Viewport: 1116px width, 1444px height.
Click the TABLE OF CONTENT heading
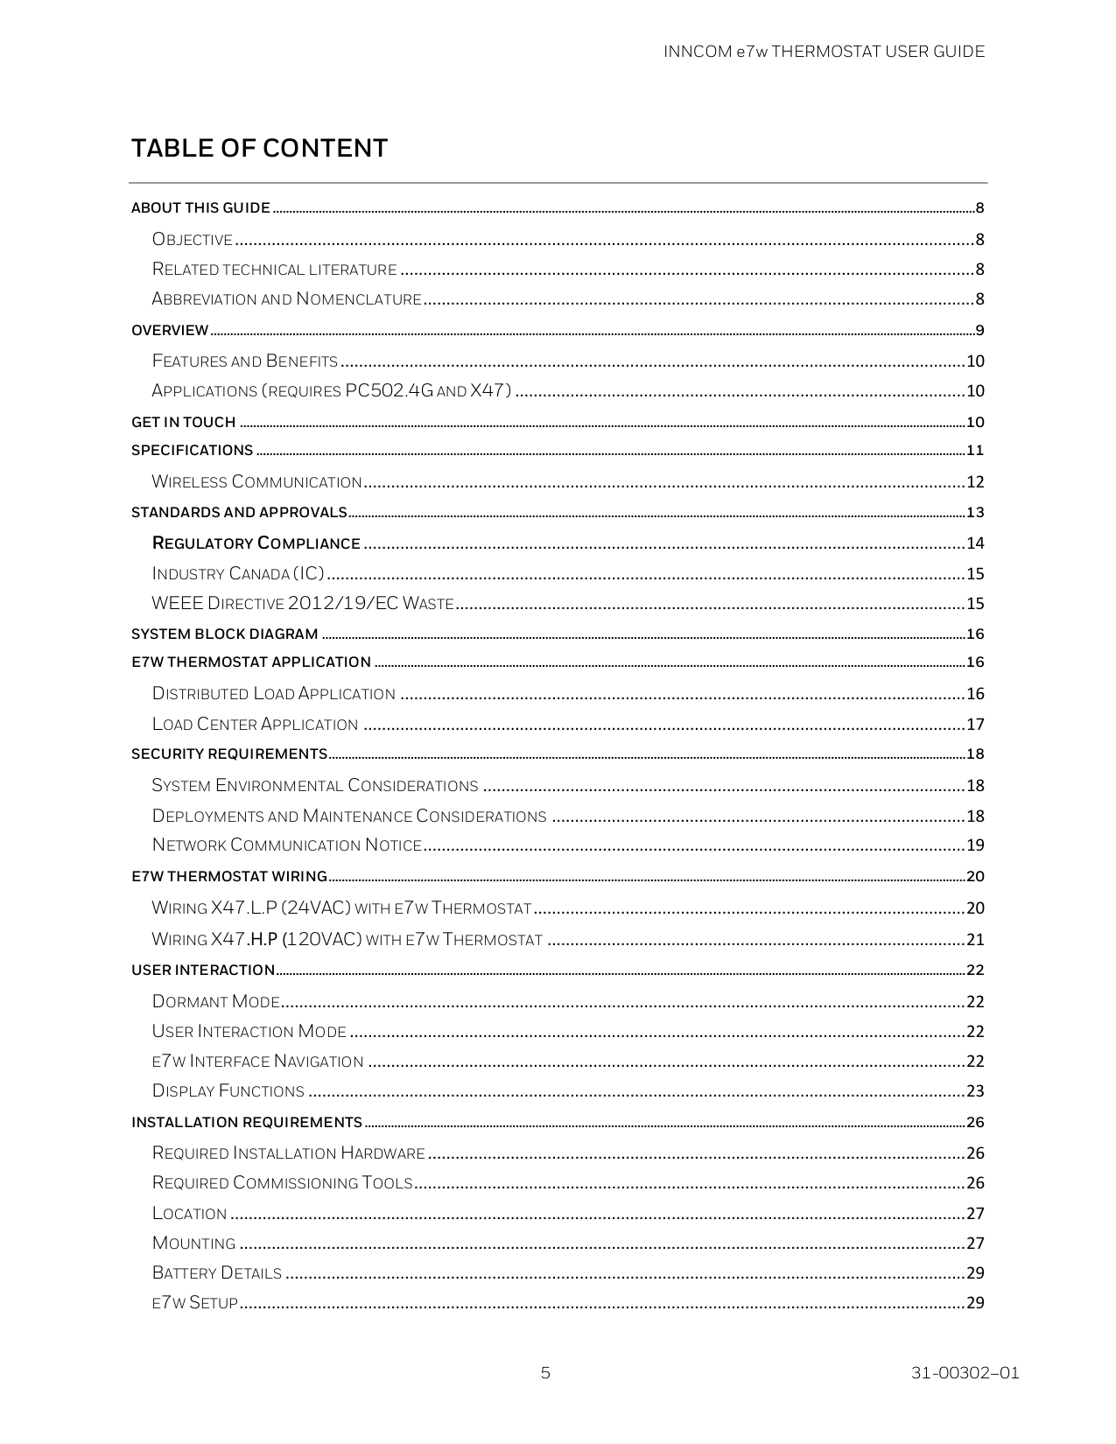coord(259,148)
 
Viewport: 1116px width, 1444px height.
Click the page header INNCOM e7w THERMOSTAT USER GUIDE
coord(824,52)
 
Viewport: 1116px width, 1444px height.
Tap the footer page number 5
coord(545,1372)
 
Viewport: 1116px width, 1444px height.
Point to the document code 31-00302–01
coord(965,1372)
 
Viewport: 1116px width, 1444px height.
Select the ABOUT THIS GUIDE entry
coord(200,207)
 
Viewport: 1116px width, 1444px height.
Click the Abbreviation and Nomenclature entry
coord(286,299)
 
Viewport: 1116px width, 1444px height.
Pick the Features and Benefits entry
coord(245,361)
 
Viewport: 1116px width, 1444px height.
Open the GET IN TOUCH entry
coord(184,422)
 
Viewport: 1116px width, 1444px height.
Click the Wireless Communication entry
coord(256,481)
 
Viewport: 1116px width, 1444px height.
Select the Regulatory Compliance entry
coord(256,543)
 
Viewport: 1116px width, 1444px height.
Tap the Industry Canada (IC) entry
coord(238,573)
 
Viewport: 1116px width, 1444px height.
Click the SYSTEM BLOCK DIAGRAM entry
coord(225,634)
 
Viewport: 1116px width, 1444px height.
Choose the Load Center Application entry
coord(255,724)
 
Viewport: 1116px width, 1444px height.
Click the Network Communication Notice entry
coord(287,845)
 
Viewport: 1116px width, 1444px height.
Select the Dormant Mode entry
coord(216,1001)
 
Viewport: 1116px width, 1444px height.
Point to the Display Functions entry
coord(228,1090)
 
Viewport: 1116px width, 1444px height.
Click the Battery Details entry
coord(217,1272)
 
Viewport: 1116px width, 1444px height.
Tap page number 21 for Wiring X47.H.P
coord(975,940)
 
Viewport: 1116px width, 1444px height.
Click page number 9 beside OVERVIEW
coord(980,331)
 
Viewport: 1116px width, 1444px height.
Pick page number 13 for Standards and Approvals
coord(975,512)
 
